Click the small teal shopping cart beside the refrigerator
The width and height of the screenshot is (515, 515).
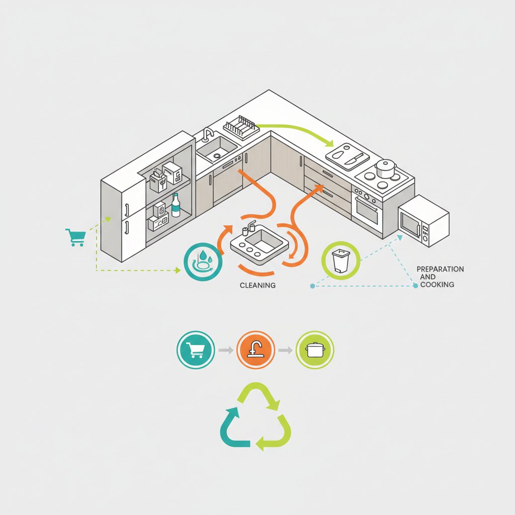tap(76, 237)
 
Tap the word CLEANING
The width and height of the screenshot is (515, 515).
tap(257, 286)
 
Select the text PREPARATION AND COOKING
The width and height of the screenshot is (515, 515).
tap(440, 277)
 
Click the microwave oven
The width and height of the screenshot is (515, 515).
tap(423, 220)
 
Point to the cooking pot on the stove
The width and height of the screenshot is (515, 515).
tap(386, 168)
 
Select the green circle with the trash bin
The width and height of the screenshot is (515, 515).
tap(340, 261)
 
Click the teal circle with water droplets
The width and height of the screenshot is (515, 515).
tap(203, 262)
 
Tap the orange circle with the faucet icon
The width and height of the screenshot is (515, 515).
tap(255, 350)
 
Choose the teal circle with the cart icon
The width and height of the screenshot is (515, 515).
tap(196, 350)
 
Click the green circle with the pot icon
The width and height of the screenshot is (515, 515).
tap(315, 350)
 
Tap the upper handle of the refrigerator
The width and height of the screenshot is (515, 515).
tap(127, 210)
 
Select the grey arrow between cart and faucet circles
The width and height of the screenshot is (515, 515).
tap(226, 350)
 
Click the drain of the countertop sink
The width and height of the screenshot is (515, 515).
tap(217, 155)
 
